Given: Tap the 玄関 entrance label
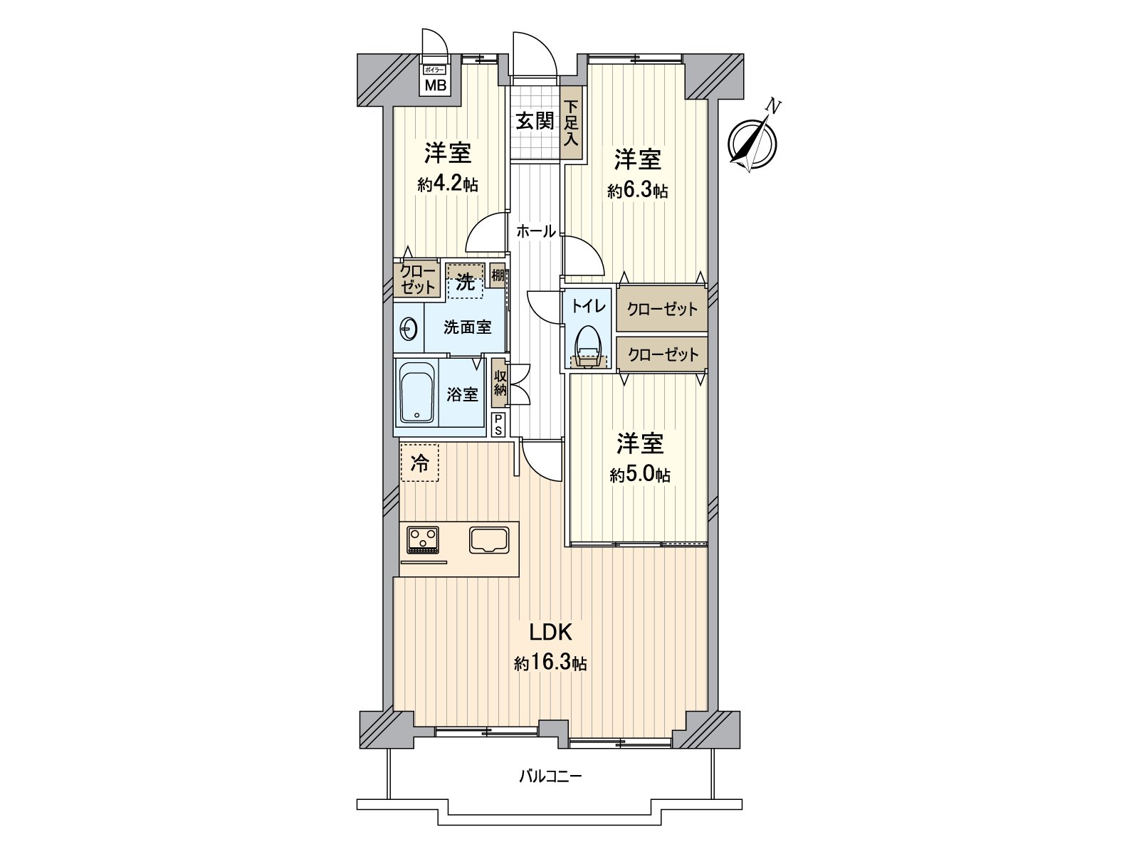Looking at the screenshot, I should pos(534,120).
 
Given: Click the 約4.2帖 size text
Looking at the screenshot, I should pos(447,185).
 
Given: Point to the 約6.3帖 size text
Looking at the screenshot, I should pos(637,190).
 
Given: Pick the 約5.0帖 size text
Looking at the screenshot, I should pos(639,475).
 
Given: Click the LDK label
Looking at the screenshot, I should pos(550,631).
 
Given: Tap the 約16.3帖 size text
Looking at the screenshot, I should pos(550,664).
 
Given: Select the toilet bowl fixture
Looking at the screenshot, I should pos(588,346).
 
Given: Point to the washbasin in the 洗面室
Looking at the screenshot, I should pos(408,329).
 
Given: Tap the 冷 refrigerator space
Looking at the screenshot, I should pos(419,463).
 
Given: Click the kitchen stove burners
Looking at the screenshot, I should pos(423,539).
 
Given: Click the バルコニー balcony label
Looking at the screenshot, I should pos(550,776).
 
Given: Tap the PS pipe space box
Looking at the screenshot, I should pos(498,425).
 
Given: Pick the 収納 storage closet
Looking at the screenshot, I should pos(500,382).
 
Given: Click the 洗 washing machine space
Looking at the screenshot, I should pos(464,282).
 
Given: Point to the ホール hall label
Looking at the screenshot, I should pos(535,231).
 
